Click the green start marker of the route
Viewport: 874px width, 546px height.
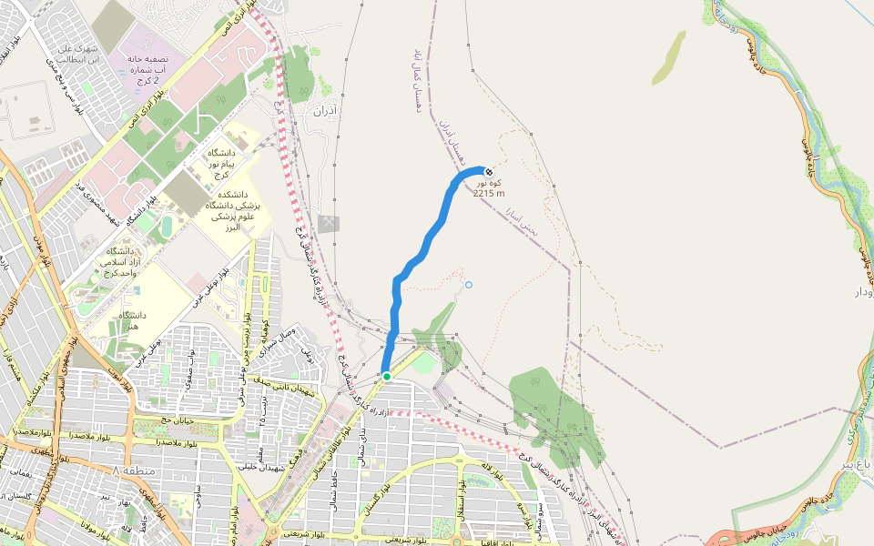(386, 376)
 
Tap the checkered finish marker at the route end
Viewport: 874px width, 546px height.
(489, 172)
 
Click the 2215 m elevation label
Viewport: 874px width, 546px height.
(489, 193)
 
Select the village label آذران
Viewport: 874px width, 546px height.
(325, 112)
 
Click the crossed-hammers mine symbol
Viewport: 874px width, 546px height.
(329, 224)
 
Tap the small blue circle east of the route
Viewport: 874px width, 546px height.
(469, 286)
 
